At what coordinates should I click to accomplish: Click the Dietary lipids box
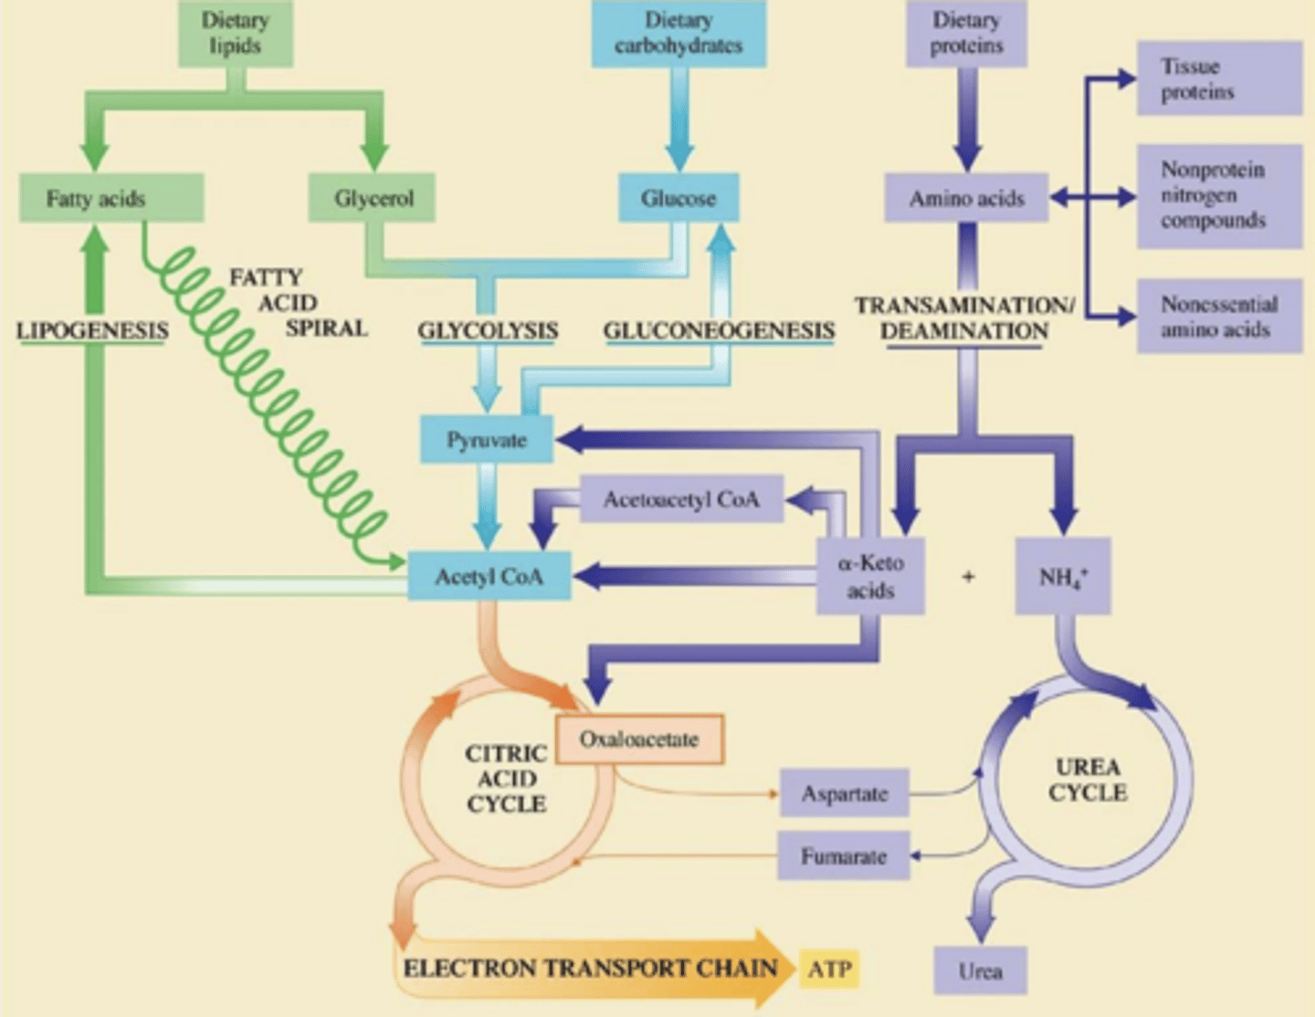(x=235, y=34)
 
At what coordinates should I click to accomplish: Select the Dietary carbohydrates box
(x=679, y=34)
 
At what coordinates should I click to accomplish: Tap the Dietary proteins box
(x=966, y=34)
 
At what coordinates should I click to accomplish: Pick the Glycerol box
(x=372, y=198)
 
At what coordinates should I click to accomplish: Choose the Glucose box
(x=679, y=198)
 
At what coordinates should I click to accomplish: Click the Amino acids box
(x=966, y=198)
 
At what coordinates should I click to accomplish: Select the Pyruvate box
(x=487, y=440)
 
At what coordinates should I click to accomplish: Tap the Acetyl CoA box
(x=489, y=576)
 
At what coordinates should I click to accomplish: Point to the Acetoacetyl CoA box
(x=681, y=499)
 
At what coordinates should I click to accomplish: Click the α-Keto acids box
(x=870, y=576)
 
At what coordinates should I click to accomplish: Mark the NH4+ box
(x=1063, y=576)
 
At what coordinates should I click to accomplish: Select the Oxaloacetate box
(x=639, y=739)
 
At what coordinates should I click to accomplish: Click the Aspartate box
(x=844, y=793)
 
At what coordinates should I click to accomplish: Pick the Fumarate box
(x=843, y=856)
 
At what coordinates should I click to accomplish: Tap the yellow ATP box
(x=829, y=969)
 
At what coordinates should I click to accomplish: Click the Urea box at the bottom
(x=980, y=970)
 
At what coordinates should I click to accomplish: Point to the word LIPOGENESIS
(x=92, y=330)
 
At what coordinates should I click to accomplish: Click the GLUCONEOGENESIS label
(x=719, y=330)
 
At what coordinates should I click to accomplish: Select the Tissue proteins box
(x=1218, y=79)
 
